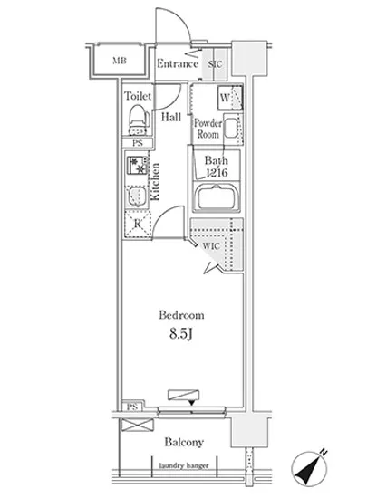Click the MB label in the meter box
tap(120, 61)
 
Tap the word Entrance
tap(178, 64)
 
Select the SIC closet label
tap(215, 64)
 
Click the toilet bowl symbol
tap(139, 120)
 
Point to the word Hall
tap(171, 117)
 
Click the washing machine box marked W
tap(230, 98)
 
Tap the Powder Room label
tap(208, 129)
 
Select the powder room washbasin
tap(232, 129)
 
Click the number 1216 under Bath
tap(217, 173)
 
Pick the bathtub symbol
tap(217, 198)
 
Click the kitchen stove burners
tap(138, 166)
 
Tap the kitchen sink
tap(137, 196)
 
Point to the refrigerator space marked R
tap(137, 224)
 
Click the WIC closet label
tap(211, 246)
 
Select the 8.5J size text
tap(181, 334)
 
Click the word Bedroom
tap(181, 315)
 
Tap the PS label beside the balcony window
tap(132, 407)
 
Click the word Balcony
tap(184, 442)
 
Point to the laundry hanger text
tap(184, 465)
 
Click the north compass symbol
tap(309, 468)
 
